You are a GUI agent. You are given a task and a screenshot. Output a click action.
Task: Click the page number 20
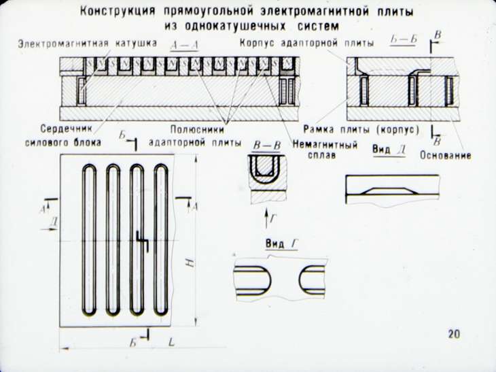click(454, 335)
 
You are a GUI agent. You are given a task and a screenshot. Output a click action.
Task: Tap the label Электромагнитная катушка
click(87, 44)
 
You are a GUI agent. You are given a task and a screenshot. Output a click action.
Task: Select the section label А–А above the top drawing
click(184, 46)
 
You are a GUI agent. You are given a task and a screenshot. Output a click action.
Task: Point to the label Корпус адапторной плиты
click(307, 43)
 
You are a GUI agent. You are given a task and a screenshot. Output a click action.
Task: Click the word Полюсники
click(197, 130)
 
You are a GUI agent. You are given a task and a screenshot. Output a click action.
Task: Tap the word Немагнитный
click(325, 145)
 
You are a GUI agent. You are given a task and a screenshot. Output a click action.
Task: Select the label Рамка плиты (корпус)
click(361, 129)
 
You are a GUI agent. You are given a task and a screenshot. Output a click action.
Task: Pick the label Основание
click(446, 155)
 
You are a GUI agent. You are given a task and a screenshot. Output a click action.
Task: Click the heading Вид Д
click(389, 150)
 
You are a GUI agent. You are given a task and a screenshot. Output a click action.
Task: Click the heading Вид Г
click(282, 244)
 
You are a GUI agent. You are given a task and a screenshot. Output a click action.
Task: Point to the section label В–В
click(267, 146)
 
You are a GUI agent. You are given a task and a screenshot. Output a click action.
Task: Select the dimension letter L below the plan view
click(171, 342)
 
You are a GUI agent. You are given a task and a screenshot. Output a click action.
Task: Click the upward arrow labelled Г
click(266, 218)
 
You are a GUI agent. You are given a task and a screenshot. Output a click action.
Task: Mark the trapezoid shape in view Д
click(387, 191)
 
